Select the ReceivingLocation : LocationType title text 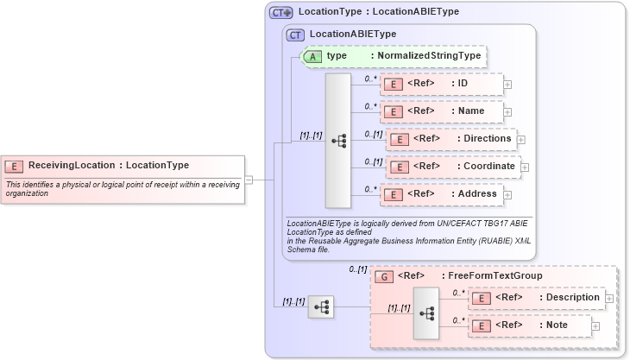(x=109, y=165)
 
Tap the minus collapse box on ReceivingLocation (x=249, y=180)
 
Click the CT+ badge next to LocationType (x=281, y=13)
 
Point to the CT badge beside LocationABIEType (x=296, y=35)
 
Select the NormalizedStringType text (x=428, y=56)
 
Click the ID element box (x=441, y=84)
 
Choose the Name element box (x=441, y=111)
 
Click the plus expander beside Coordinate (x=525, y=167)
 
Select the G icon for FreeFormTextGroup (x=386, y=276)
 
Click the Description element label (x=569, y=297)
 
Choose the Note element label (x=557, y=325)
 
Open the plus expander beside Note (x=595, y=325)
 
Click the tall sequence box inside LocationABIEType (x=337, y=140)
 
